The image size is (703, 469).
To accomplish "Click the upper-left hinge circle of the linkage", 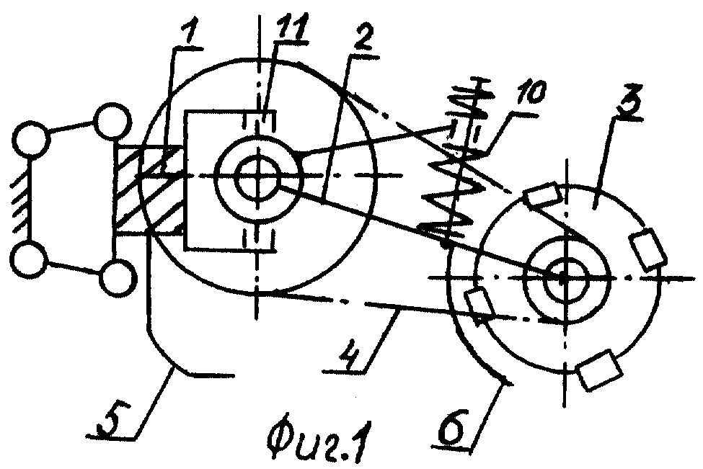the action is (x=30, y=138).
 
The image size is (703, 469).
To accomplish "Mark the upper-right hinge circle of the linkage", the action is (x=112, y=120).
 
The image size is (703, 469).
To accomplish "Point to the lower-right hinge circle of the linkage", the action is (x=117, y=278).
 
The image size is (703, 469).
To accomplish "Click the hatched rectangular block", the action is (x=150, y=189).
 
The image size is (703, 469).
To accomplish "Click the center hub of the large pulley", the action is (x=258, y=175).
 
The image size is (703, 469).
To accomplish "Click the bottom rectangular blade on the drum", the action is (x=599, y=371).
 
